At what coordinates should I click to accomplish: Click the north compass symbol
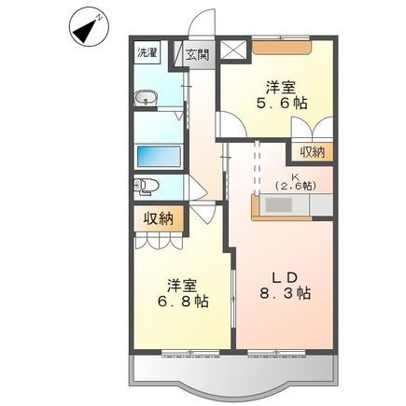(x=90, y=31)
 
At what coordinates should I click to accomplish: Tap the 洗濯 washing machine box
(x=147, y=53)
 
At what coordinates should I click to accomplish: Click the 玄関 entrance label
(x=197, y=55)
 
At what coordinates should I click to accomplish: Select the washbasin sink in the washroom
(x=146, y=98)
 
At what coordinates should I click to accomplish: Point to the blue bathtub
(x=159, y=157)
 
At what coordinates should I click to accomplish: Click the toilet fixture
(x=146, y=187)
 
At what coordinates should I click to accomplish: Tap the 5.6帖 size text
(x=282, y=103)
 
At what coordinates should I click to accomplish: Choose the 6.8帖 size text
(x=183, y=301)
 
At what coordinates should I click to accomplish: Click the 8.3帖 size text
(x=285, y=293)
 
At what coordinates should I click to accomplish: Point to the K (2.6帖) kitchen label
(x=295, y=182)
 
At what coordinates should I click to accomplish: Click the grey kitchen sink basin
(x=278, y=205)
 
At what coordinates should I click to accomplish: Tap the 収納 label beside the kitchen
(x=313, y=152)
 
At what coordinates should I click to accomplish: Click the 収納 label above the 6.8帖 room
(x=158, y=219)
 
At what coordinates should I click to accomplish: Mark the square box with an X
(x=233, y=50)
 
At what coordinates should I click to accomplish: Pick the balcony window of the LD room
(x=276, y=352)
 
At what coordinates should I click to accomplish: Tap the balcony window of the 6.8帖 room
(x=190, y=352)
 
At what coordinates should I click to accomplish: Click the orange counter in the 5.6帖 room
(x=282, y=48)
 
